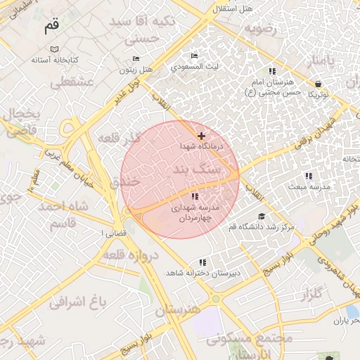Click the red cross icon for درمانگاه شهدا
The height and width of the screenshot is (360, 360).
point(202,136)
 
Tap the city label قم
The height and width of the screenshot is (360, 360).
point(51,27)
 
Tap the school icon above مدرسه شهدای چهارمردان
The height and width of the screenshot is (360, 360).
point(194,196)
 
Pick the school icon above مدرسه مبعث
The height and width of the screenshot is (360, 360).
point(308,176)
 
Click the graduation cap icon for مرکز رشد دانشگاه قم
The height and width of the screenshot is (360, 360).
point(262,216)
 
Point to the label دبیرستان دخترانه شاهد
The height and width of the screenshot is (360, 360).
point(203,272)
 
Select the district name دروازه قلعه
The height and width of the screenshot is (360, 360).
point(131,255)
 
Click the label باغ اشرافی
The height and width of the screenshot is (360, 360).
point(78,302)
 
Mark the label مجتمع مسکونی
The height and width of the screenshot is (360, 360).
point(250,338)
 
